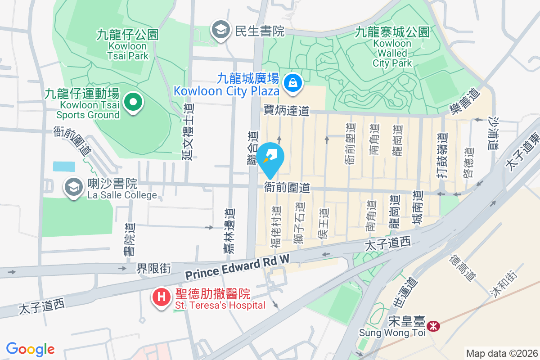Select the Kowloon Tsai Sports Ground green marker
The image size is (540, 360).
pos(133,102)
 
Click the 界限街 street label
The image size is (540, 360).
pos(154,269)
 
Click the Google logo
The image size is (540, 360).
pos(30,349)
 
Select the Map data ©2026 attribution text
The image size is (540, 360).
pos(501,353)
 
